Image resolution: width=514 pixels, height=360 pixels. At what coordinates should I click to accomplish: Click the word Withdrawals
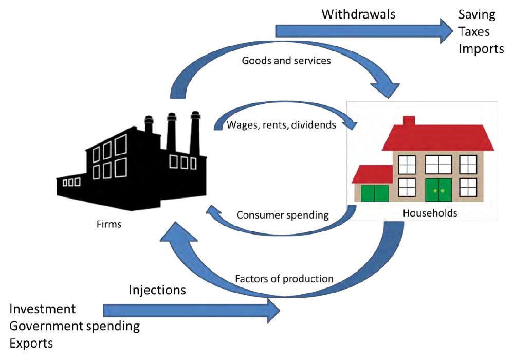(x=358, y=14)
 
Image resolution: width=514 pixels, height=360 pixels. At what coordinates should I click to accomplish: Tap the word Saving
(x=477, y=14)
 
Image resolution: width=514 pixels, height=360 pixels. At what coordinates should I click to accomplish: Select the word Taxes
(x=474, y=32)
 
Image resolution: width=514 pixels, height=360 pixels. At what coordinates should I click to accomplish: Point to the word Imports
(x=481, y=49)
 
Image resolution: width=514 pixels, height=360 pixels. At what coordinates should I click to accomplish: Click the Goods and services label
(x=286, y=61)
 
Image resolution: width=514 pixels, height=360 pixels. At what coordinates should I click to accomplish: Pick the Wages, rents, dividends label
(x=282, y=124)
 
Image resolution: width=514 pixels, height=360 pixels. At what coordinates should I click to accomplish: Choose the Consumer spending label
(x=283, y=215)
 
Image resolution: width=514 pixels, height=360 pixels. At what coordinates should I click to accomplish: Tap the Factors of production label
(x=284, y=279)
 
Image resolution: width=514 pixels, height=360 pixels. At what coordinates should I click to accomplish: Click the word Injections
(x=157, y=290)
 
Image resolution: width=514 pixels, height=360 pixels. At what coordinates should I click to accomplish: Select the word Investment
(x=43, y=309)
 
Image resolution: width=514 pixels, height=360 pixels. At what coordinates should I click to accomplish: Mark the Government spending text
(x=75, y=326)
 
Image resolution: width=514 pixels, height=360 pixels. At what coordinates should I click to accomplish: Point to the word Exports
(x=31, y=343)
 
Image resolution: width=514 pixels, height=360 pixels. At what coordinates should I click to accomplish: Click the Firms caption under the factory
(x=109, y=224)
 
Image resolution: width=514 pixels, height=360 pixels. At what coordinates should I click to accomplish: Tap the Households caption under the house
(x=430, y=213)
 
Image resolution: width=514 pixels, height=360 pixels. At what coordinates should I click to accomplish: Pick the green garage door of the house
(x=375, y=193)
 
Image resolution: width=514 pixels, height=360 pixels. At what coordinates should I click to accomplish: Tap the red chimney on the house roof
(x=409, y=121)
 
